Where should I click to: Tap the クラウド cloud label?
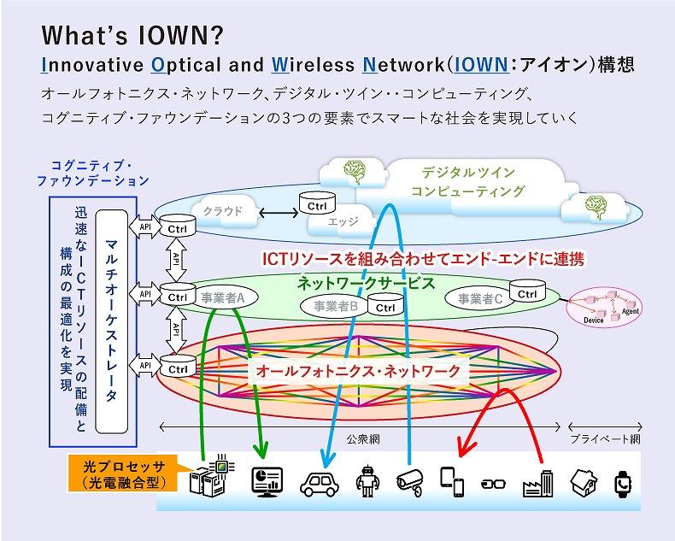click(223, 211)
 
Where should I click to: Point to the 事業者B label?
click(335, 305)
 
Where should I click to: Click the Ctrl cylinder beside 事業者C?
click(527, 295)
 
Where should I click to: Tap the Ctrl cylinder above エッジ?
click(318, 203)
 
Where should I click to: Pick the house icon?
click(585, 481)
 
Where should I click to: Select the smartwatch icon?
click(625, 483)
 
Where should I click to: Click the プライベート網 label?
click(604, 439)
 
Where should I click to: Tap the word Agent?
click(631, 311)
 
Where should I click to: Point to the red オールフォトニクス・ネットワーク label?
click(358, 370)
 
